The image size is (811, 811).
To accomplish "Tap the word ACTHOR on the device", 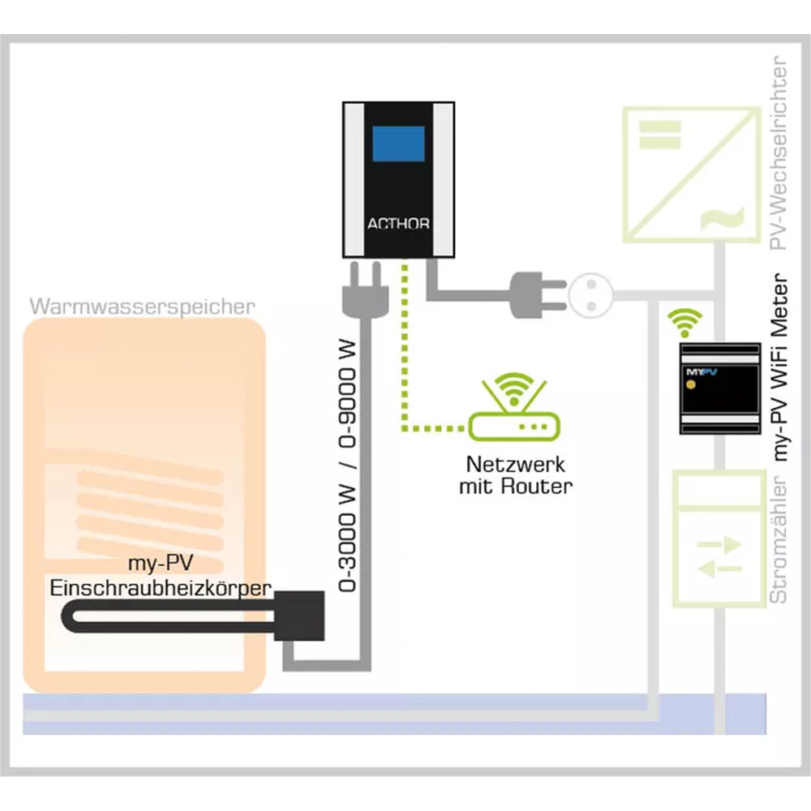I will click(398, 224).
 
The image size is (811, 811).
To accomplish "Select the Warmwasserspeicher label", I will click(142, 307).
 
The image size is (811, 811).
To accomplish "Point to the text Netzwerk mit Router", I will click(515, 476).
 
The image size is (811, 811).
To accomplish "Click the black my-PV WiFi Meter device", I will click(720, 388).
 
